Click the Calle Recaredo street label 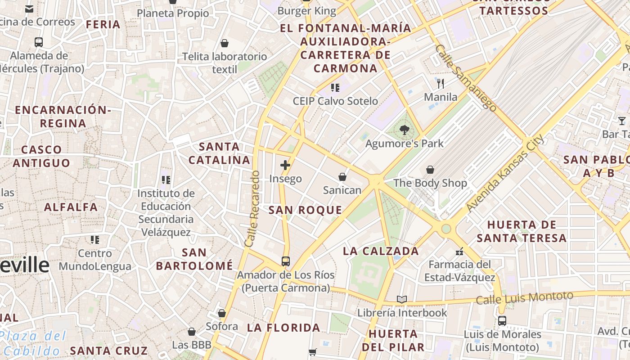point(252,208)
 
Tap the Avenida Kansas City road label point(505,173)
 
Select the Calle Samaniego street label point(466,78)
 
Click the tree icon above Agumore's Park point(404,130)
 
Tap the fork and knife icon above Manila point(441,83)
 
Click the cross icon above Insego point(285,165)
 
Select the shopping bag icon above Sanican point(342,177)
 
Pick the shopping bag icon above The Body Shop point(430,170)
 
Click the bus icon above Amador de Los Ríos point(286,261)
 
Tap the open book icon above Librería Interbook point(402,299)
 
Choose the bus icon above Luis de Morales point(502,321)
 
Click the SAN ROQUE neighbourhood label point(305,210)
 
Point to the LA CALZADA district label point(381,251)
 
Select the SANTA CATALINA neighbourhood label point(219,153)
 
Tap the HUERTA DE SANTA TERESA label point(522,231)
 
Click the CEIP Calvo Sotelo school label point(335,101)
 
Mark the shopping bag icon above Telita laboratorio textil point(225,43)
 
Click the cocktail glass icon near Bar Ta point(622,121)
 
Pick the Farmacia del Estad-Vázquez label point(459,271)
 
